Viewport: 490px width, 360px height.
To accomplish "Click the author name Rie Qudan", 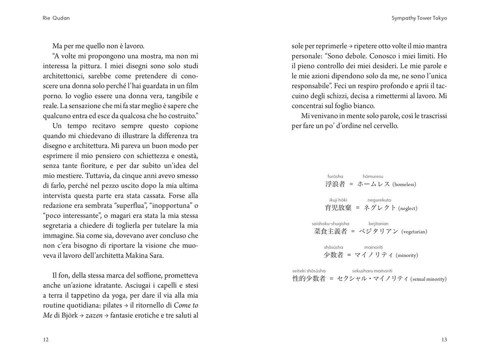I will [56, 18].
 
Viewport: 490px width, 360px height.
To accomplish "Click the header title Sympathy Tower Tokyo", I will [419, 18].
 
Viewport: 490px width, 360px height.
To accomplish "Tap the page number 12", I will [45, 340].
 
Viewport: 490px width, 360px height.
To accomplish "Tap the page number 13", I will [444, 340].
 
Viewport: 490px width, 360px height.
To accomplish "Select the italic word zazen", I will [94, 315].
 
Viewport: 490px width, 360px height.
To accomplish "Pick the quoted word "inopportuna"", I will [170, 205].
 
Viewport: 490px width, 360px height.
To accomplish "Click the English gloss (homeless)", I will [404, 184].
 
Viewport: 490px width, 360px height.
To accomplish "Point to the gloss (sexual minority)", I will [428, 279].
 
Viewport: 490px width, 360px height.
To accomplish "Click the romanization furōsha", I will [335, 176].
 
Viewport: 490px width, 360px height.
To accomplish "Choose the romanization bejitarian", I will [378, 223].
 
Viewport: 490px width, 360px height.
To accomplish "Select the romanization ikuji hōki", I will [338, 200].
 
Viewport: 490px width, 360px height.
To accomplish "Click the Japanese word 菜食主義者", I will [330, 232].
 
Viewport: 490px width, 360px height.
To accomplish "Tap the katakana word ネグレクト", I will [379, 208].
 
